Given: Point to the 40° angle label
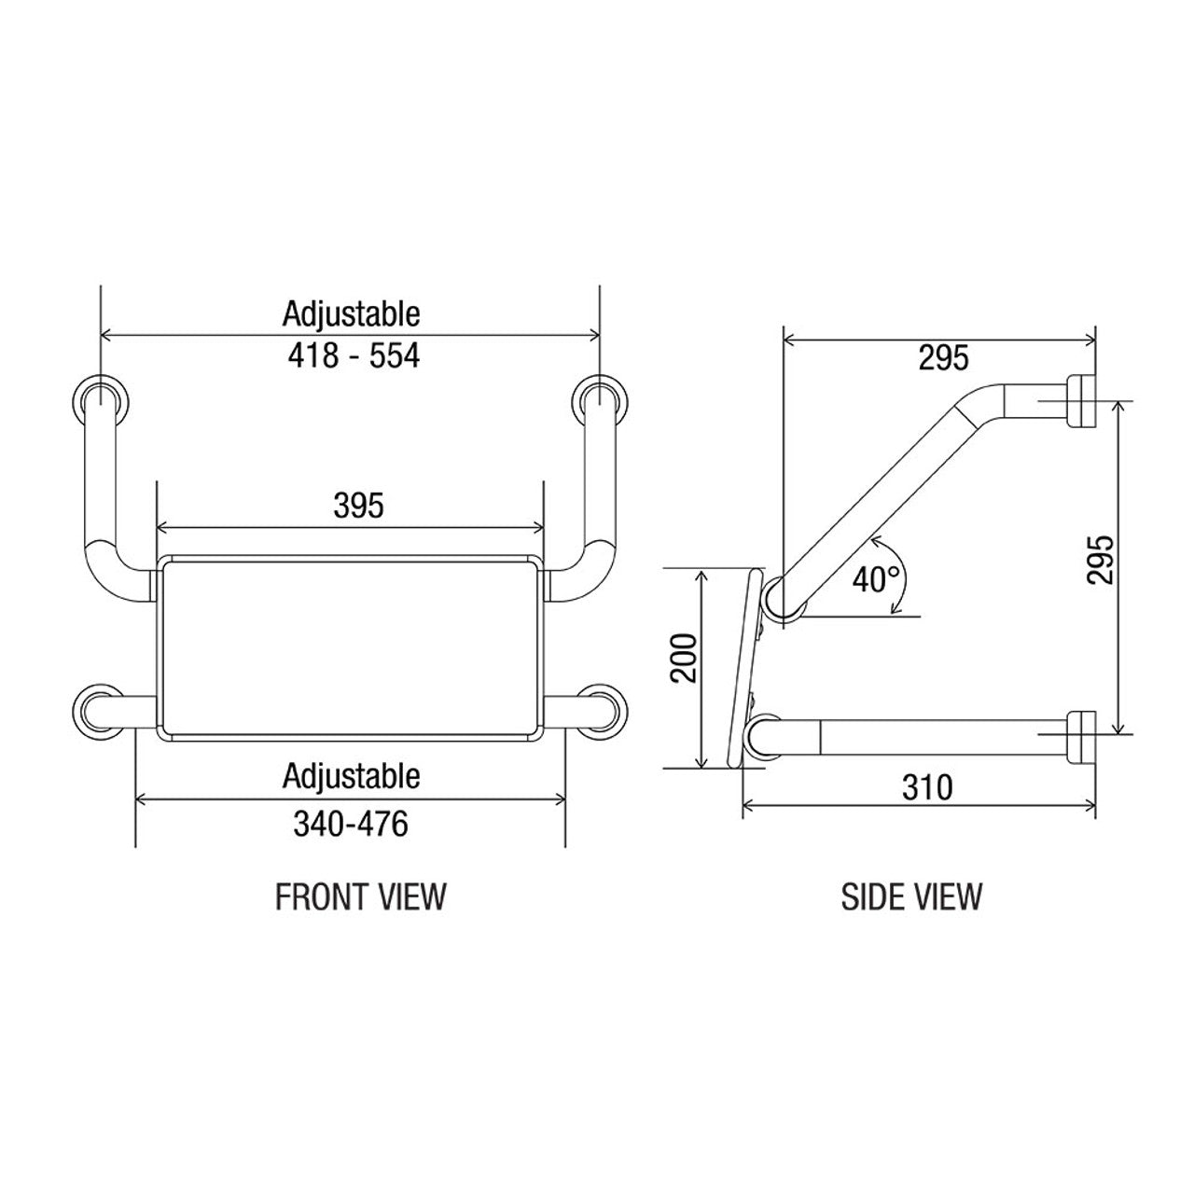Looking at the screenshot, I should click(876, 579).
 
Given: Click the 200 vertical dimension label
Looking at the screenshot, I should click(686, 658).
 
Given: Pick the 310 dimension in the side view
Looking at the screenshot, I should click(928, 787).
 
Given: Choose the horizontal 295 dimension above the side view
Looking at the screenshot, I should click(943, 357).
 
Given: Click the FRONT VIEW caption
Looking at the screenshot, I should click(361, 896).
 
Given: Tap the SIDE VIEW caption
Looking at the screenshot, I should click(911, 896).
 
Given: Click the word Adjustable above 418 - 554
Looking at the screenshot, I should click(351, 313).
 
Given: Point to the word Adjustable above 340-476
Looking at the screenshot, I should click(351, 775).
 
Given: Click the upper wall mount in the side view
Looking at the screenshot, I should click(1081, 402).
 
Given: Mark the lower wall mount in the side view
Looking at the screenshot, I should click(1081, 735).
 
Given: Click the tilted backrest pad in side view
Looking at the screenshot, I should click(744, 667).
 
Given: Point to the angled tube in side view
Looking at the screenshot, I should click(886, 485).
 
